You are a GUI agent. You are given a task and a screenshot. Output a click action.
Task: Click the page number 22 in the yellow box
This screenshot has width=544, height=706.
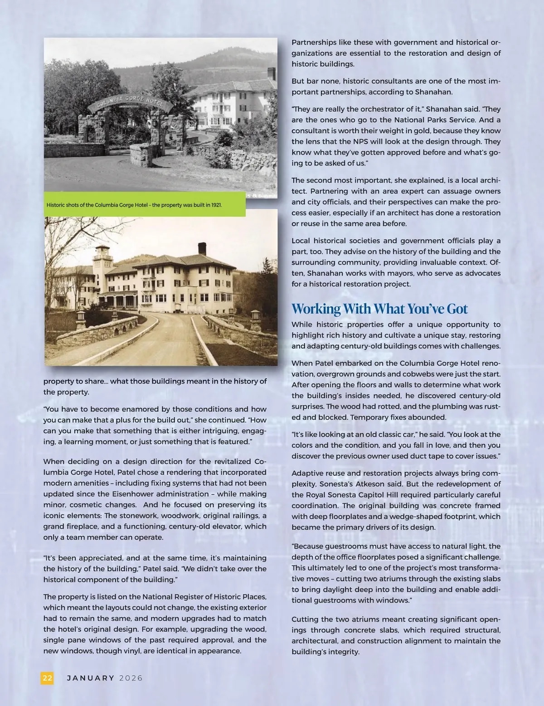pyautogui.click(x=47, y=678)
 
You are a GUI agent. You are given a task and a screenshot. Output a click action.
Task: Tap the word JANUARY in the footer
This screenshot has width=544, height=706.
pyautogui.click(x=91, y=678)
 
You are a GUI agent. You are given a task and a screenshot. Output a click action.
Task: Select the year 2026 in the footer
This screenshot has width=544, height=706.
pyautogui.click(x=131, y=678)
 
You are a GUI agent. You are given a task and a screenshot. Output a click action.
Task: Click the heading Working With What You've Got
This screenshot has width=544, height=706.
pyautogui.click(x=379, y=309)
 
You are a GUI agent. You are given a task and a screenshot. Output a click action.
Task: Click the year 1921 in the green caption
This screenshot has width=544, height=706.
pyautogui.click(x=217, y=205)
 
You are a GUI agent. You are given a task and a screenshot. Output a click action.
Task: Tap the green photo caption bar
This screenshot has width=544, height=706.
pyautogui.click(x=145, y=205)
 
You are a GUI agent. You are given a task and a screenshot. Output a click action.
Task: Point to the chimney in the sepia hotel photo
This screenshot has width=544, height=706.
pyautogui.click(x=202, y=249)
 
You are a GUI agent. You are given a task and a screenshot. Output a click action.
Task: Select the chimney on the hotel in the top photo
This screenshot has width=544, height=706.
pyautogui.click(x=271, y=74)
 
